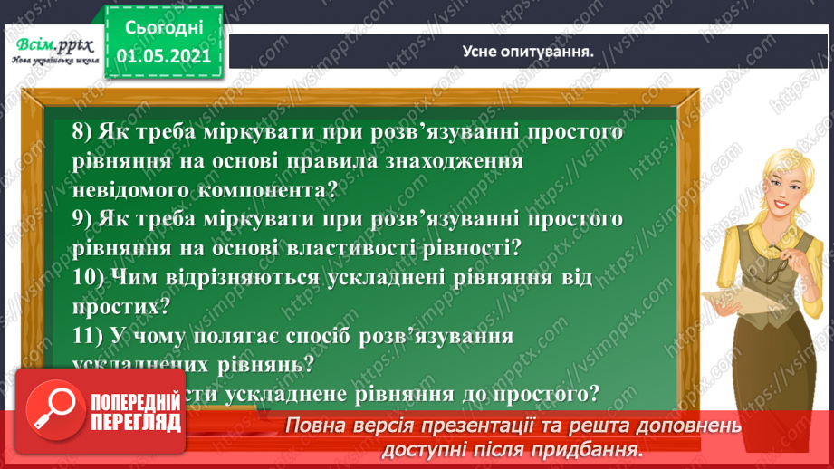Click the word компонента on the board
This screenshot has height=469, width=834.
pyautogui.click(x=238, y=190)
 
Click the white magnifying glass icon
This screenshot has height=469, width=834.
pyautogui.click(x=53, y=409)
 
